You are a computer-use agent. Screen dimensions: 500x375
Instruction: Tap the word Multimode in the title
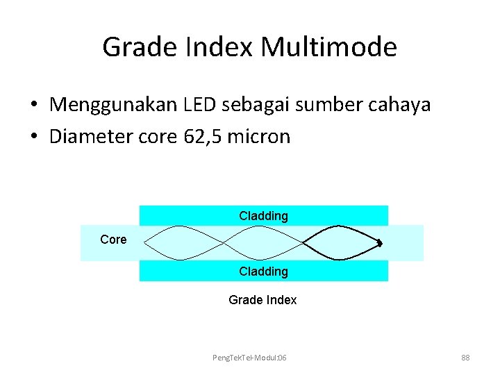pyautogui.click(x=329, y=48)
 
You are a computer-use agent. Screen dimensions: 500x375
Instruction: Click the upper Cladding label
pyautogui.click(x=263, y=216)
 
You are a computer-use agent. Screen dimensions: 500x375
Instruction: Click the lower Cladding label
pyautogui.click(x=263, y=272)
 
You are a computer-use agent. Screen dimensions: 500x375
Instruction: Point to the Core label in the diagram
pyautogui.click(x=113, y=240)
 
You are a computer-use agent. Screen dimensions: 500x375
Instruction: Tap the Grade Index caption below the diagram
pyautogui.click(x=262, y=300)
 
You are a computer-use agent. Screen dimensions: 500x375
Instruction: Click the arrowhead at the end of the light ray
pyautogui.click(x=381, y=243)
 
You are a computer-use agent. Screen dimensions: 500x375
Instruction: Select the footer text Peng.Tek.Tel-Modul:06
pyautogui.click(x=250, y=357)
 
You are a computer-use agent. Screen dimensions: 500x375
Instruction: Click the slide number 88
pyautogui.click(x=465, y=357)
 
